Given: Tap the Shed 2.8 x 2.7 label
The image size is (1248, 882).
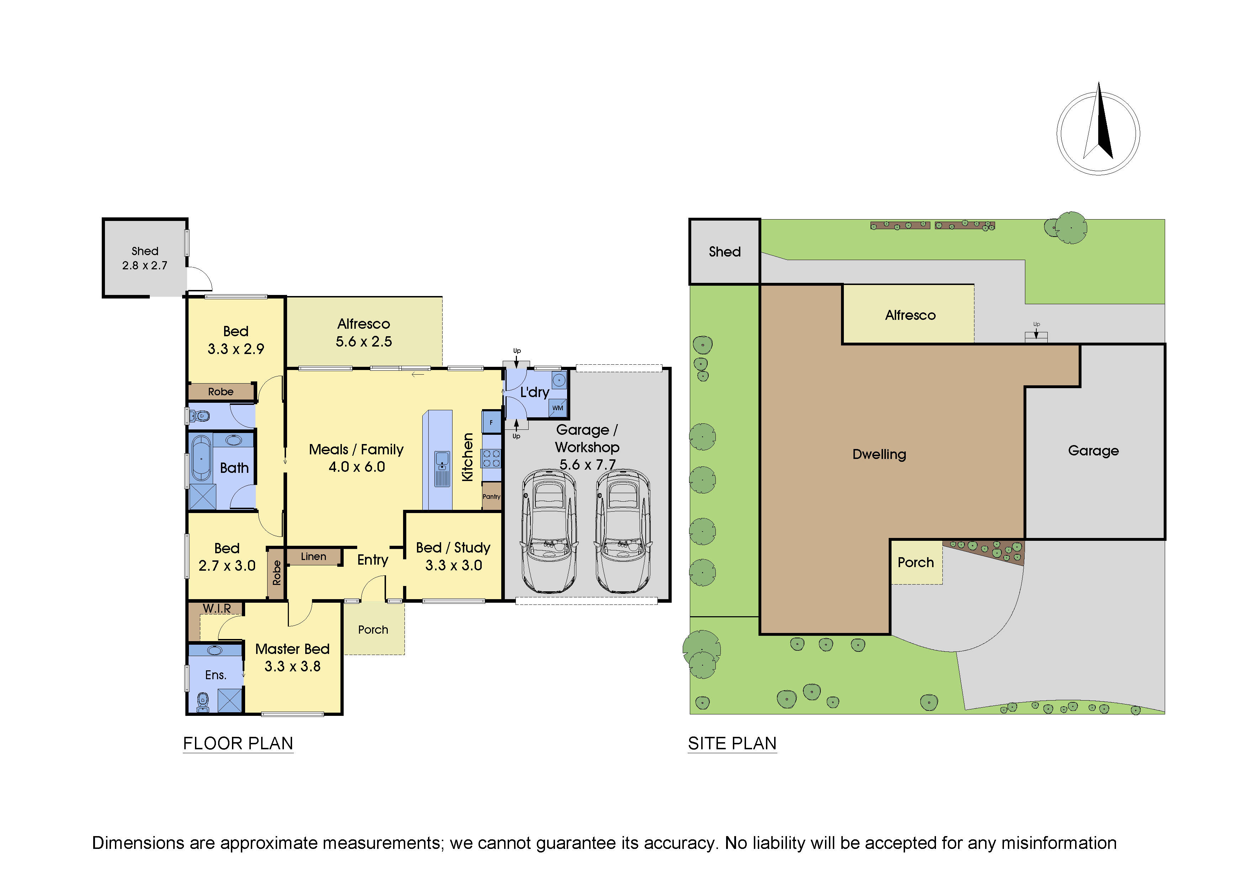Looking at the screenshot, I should (144, 258).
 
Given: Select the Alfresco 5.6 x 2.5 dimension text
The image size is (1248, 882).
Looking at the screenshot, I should (364, 341).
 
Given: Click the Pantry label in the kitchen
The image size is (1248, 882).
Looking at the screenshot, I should (491, 496).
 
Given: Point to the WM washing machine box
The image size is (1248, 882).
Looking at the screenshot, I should (558, 408).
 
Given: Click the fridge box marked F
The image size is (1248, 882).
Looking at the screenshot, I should (491, 422).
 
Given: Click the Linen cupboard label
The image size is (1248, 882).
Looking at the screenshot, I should (314, 556).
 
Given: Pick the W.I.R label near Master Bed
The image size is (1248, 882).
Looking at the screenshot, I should (217, 608).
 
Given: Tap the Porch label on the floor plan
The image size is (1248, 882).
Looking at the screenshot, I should (373, 629).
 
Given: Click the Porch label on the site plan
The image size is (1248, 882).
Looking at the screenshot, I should (915, 563).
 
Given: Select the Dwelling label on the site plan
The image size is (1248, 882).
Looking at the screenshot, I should (879, 454).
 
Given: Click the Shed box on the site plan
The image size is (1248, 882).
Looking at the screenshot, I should (725, 252).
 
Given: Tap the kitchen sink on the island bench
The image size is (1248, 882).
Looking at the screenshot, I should (442, 460).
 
